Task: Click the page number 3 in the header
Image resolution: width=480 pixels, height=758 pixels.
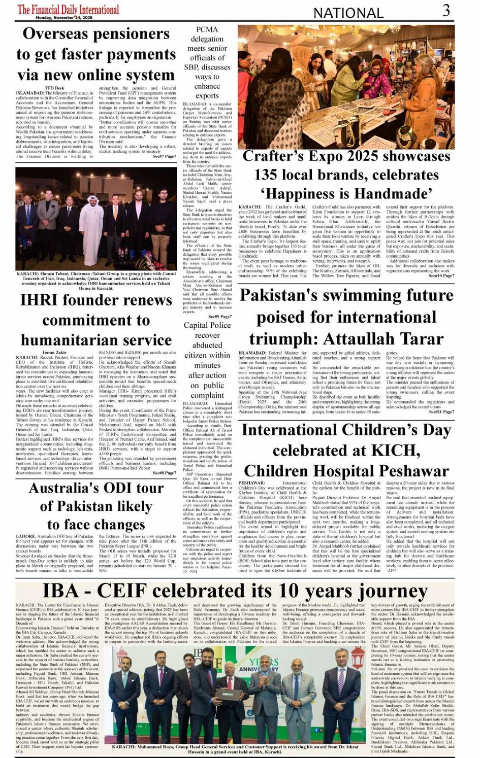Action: point(445,10)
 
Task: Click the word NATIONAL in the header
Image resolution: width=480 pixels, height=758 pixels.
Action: point(348,13)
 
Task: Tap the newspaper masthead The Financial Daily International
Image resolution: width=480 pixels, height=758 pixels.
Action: point(68,9)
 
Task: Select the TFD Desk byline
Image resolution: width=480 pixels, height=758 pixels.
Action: point(54,88)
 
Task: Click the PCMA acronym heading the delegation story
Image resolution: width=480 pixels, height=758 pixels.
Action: point(207,29)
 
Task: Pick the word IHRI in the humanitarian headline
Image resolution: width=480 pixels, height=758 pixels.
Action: point(41,300)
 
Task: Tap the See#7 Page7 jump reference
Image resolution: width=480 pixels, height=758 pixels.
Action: point(165,156)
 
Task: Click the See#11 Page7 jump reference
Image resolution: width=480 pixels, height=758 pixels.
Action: point(441,411)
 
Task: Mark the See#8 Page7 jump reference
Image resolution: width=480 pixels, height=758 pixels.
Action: point(164,473)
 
